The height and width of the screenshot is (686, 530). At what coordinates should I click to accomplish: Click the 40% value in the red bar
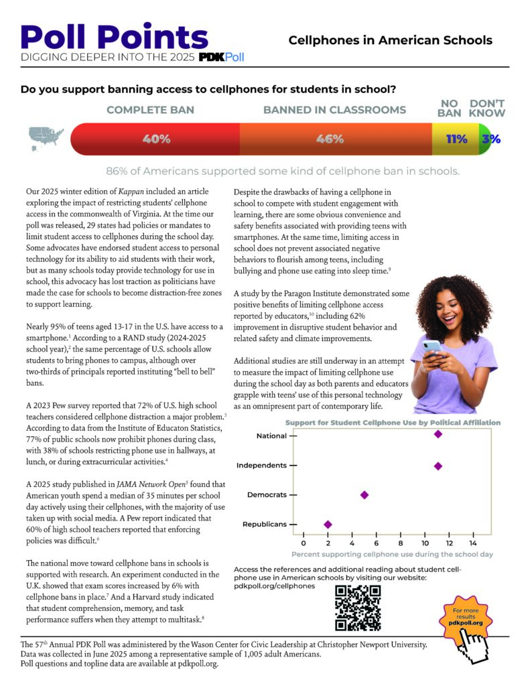tap(156, 139)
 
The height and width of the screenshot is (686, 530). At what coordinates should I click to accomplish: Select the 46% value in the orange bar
tap(330, 139)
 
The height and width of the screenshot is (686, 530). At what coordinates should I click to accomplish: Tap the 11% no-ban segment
tap(456, 139)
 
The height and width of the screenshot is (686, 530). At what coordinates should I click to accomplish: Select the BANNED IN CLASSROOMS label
tap(334, 110)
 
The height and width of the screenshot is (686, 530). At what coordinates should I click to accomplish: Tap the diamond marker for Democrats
tap(365, 494)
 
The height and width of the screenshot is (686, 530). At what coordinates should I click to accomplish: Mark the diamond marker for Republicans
tap(328, 525)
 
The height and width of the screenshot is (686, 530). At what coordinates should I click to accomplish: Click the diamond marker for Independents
tap(438, 466)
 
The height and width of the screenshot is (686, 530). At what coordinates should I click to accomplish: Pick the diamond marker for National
tap(438, 434)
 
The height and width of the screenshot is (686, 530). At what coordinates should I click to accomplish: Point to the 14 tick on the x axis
tap(473, 543)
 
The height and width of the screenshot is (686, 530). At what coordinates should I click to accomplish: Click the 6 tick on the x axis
tap(377, 543)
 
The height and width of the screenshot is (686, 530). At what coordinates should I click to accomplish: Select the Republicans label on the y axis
tap(265, 525)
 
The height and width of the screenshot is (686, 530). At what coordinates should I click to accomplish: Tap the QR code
tap(358, 608)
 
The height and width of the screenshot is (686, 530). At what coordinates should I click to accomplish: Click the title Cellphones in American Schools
tap(390, 40)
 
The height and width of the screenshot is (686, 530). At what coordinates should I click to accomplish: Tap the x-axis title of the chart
tap(392, 555)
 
